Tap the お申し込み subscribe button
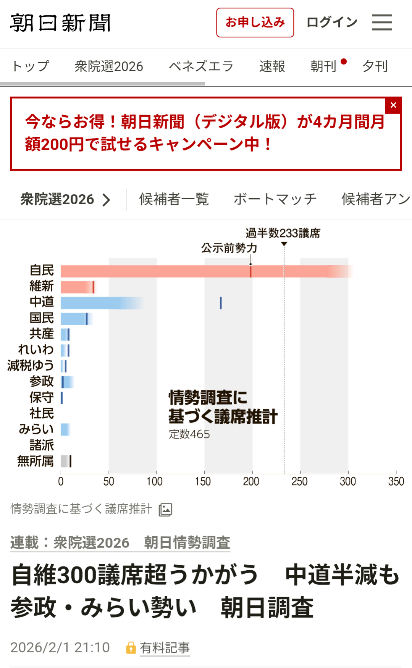click(x=255, y=23)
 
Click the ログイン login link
click(x=331, y=23)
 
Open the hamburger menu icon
click(x=382, y=23)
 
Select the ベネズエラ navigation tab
click(x=201, y=66)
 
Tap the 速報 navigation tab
click(x=272, y=66)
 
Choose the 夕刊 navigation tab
click(x=375, y=66)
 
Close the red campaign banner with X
click(x=393, y=105)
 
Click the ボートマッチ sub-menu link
click(x=275, y=199)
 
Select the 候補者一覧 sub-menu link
click(x=174, y=199)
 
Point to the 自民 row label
click(x=42, y=270)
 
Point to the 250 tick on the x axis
click(x=299, y=481)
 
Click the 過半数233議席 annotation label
click(x=283, y=233)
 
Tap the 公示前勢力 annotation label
click(x=229, y=248)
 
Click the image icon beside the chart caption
click(x=165, y=510)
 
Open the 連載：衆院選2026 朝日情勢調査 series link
click(x=120, y=542)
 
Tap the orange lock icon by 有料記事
click(x=131, y=648)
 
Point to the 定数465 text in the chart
click(x=189, y=434)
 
